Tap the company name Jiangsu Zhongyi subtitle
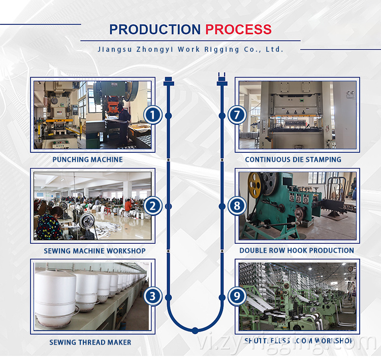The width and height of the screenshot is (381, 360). click(x=190, y=49)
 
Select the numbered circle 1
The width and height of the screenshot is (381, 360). click(x=152, y=115)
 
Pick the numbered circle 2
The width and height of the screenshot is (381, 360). click(x=152, y=206)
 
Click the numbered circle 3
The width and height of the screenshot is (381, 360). click(x=152, y=297)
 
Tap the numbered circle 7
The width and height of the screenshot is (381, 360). click(x=236, y=115)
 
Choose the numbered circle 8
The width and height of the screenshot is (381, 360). click(x=236, y=206)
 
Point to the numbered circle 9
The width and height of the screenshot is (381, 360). click(x=236, y=297)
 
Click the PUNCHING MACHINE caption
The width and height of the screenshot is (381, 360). click(x=87, y=159)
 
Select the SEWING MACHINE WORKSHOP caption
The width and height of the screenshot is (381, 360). click(x=94, y=251)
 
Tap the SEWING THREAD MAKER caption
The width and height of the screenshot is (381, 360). click(x=90, y=342)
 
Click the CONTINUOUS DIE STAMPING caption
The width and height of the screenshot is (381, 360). click(x=293, y=159)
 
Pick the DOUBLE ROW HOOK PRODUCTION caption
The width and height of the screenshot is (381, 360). click(x=297, y=250)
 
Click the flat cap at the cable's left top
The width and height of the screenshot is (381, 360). click(x=169, y=81)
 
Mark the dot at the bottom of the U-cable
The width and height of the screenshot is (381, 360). click(x=195, y=330)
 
